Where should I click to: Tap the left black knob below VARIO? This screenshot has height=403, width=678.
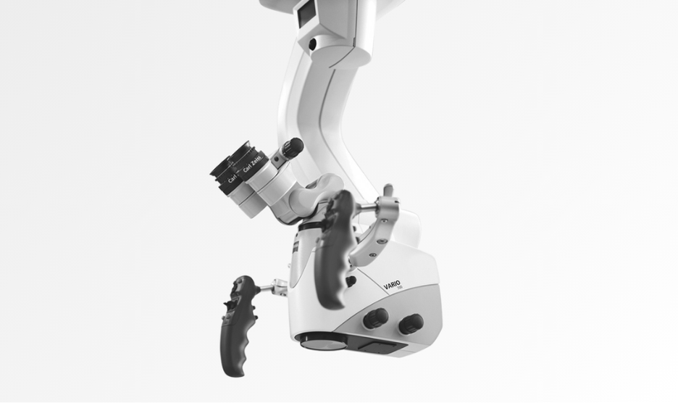coord(376,317)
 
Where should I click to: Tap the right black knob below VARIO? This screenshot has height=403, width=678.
coord(411,323)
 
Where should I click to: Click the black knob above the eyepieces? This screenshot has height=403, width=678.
coord(292,149)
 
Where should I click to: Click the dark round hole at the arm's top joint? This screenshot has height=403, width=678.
coord(312,44)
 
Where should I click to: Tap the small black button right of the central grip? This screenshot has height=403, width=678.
coord(351,281)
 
